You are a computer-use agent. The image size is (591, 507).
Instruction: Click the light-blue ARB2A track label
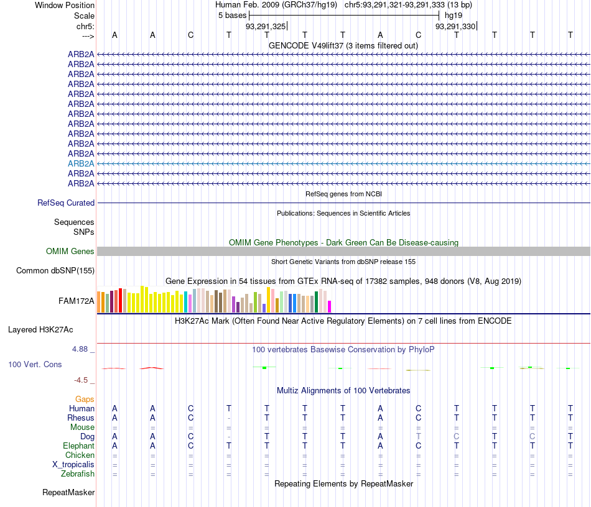(x=81, y=163)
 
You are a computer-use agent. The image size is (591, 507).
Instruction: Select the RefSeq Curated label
(x=66, y=203)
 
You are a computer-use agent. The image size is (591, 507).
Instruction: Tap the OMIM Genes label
(x=70, y=251)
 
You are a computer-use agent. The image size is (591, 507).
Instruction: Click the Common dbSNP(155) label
(x=55, y=270)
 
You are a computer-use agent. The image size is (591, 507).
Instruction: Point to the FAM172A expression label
(x=77, y=301)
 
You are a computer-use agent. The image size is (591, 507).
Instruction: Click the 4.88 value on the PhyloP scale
(x=83, y=349)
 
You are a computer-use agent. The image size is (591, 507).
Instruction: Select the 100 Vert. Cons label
(x=35, y=364)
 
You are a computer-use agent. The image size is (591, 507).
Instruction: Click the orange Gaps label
(x=85, y=399)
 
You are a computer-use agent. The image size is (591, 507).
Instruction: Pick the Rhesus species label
(x=81, y=418)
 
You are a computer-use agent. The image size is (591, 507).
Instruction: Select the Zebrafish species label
(x=78, y=474)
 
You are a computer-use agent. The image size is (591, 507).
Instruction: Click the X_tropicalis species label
(x=73, y=465)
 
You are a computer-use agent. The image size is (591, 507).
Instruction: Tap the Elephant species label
(x=78, y=446)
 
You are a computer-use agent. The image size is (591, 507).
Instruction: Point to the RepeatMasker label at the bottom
(x=68, y=493)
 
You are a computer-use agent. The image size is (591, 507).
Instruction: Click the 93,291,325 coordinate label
(x=266, y=26)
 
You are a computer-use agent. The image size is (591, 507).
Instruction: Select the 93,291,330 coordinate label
(x=455, y=26)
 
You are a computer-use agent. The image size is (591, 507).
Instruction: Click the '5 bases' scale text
(x=232, y=15)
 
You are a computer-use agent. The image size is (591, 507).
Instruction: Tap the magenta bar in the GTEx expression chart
(x=329, y=306)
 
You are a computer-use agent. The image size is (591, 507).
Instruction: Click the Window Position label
(x=65, y=5)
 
